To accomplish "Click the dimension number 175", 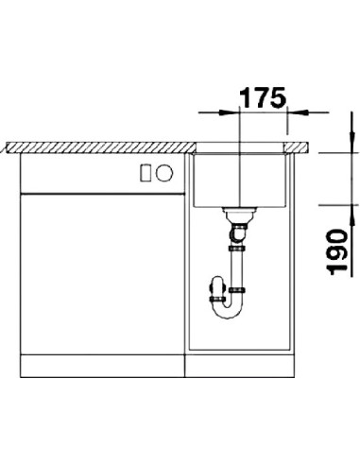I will (263, 97).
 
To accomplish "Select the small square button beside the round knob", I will (146, 172).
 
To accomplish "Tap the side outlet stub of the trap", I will (214, 282).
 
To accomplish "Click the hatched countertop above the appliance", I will (94, 147).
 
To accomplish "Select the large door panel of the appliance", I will (94, 274).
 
